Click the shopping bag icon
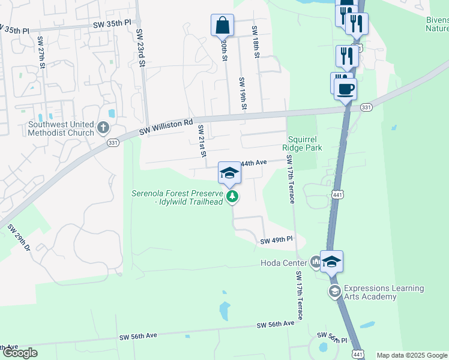tap(222, 26)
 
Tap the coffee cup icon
tap(345, 90)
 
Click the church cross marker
tap(103, 128)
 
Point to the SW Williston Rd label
tap(167, 127)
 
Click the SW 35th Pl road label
tap(112, 23)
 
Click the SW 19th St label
tap(243, 94)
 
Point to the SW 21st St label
tap(202, 142)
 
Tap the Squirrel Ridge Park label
tap(305, 143)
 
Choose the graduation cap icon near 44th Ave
tap(229, 173)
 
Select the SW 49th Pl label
tap(276, 241)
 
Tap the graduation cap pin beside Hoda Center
tap(331, 262)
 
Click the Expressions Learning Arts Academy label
tap(376, 292)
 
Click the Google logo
tap(20, 353)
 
